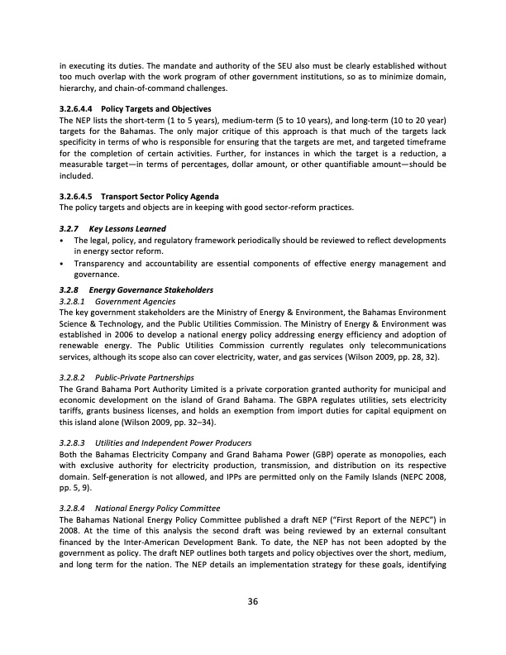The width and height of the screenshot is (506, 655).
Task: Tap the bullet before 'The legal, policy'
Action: (x=63, y=239)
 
